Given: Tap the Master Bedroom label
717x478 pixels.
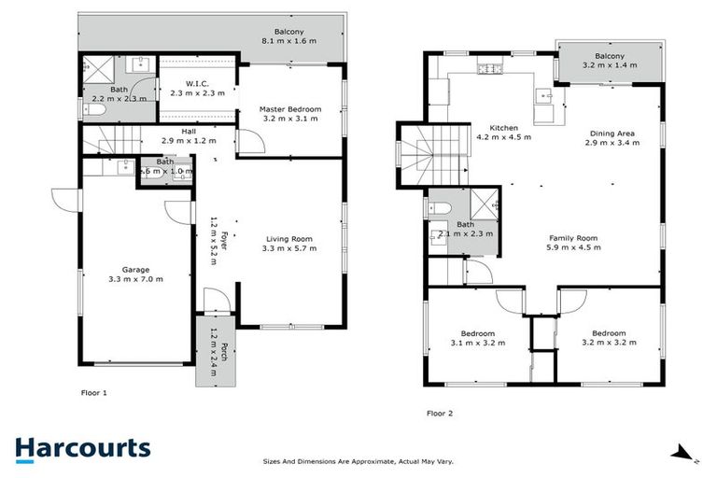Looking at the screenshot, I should point(290,109).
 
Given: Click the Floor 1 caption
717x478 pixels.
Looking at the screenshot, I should point(93,393).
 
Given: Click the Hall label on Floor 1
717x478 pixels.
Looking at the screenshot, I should point(189,132).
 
